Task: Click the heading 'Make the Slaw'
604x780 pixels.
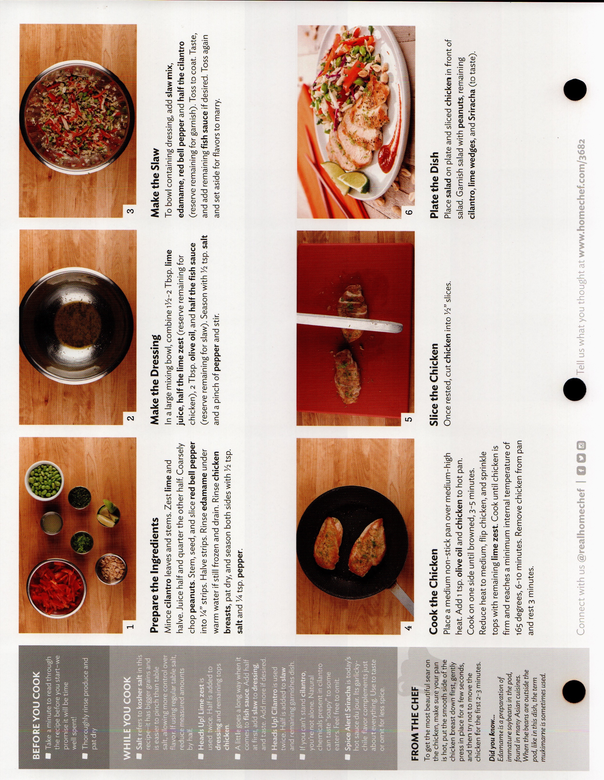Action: [x=155, y=182]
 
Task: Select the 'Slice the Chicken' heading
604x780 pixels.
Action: [x=434, y=384]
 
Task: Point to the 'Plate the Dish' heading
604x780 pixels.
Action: [x=434, y=185]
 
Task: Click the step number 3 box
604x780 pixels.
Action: [x=131, y=211]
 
